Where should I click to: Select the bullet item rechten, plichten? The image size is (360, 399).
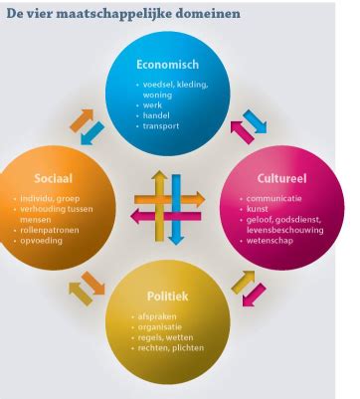(x=172, y=349)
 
